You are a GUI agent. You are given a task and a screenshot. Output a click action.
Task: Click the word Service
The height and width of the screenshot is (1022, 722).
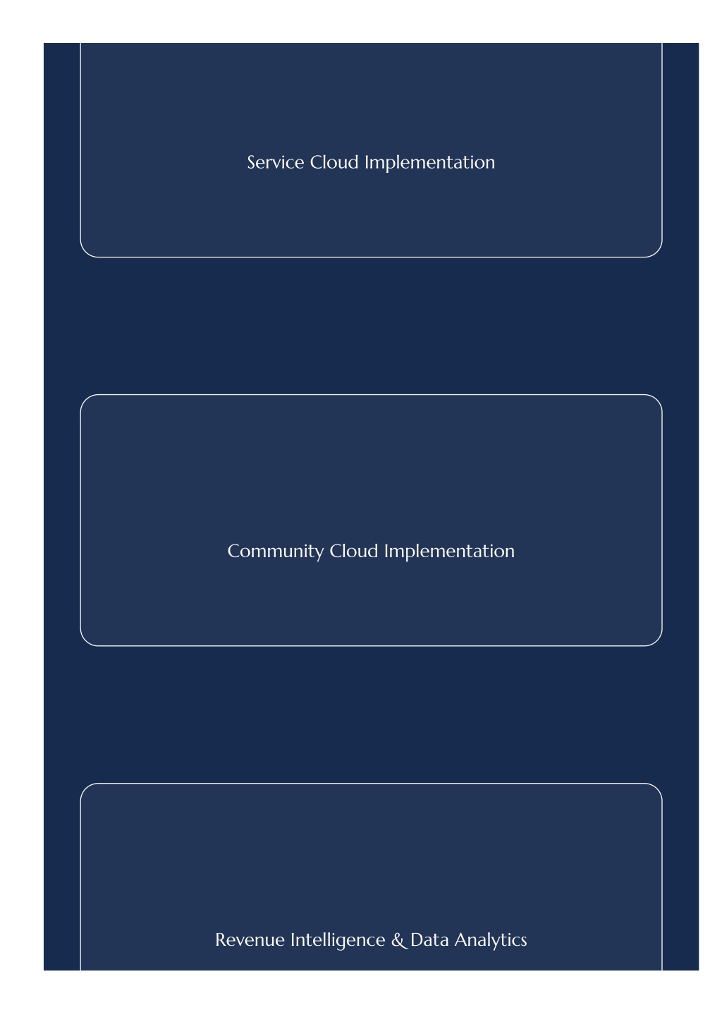[x=275, y=162]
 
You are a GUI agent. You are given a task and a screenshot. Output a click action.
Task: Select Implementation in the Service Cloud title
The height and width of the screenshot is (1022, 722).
[x=429, y=164]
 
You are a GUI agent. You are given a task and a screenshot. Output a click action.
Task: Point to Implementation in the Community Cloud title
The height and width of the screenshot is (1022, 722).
[x=449, y=552]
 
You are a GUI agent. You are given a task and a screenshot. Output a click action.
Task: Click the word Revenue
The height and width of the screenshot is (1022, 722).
[x=250, y=940]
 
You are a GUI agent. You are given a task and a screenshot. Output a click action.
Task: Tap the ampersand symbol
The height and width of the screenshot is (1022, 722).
[x=398, y=940]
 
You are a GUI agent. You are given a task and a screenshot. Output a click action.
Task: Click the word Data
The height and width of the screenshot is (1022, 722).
[x=429, y=940]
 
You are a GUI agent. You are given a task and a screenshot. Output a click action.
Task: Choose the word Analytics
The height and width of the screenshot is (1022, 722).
[x=490, y=941]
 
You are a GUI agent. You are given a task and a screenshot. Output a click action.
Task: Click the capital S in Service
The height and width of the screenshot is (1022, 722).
[x=251, y=162]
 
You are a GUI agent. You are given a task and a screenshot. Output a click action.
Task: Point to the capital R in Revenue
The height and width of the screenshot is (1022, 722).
[x=221, y=940]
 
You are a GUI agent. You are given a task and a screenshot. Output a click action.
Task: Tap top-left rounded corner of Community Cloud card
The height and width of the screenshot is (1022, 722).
[x=85, y=400]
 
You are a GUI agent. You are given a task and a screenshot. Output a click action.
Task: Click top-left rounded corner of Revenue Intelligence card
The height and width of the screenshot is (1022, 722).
[x=85, y=789]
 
